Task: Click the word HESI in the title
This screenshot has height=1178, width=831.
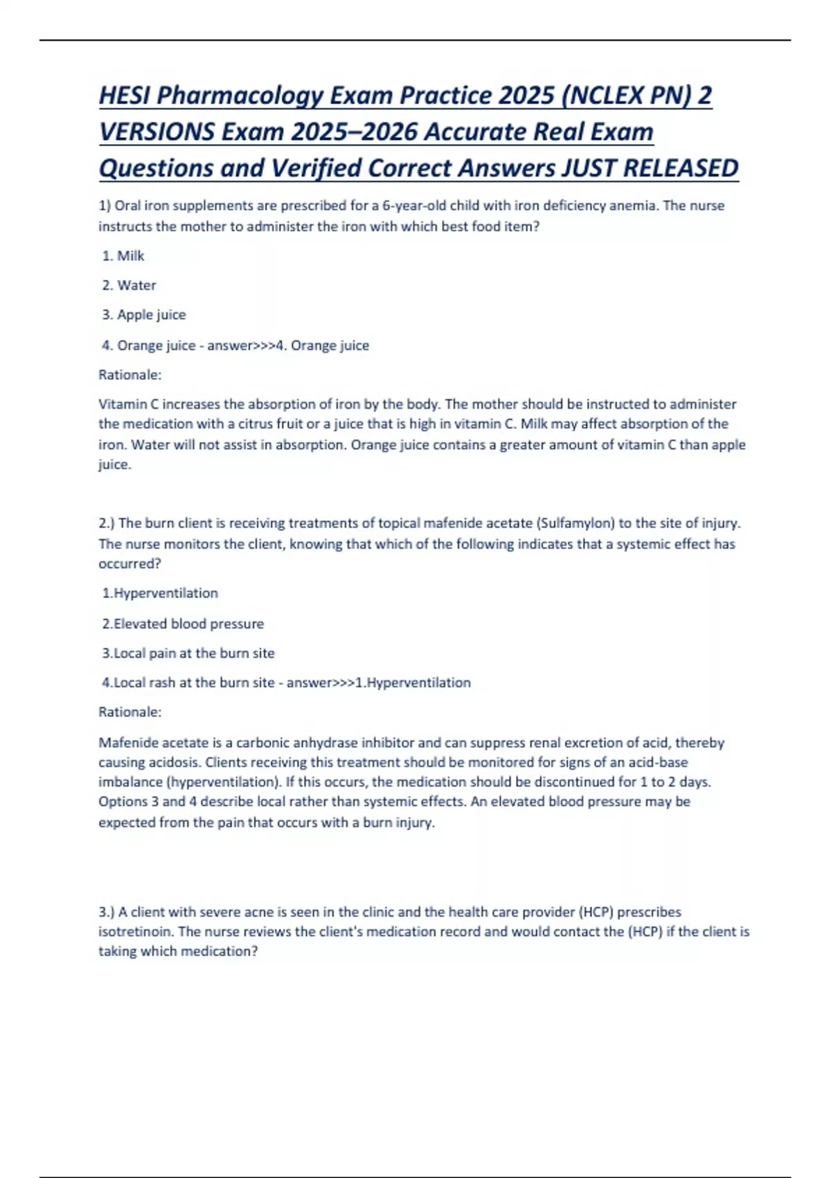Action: pos(125,96)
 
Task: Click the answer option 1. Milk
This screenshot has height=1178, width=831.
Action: pos(123,256)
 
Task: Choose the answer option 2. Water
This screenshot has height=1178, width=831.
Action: pos(129,285)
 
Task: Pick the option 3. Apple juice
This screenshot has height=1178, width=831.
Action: pos(144,315)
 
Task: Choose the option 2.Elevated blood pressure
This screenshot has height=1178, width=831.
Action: pos(183,624)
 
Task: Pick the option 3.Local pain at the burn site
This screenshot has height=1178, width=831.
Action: pos(188,653)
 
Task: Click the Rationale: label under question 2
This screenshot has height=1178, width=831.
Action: pos(130,712)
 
